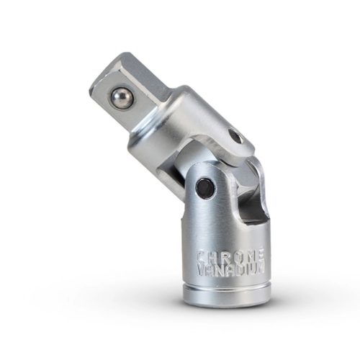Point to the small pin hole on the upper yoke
point(234,135)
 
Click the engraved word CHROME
point(230,256)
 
